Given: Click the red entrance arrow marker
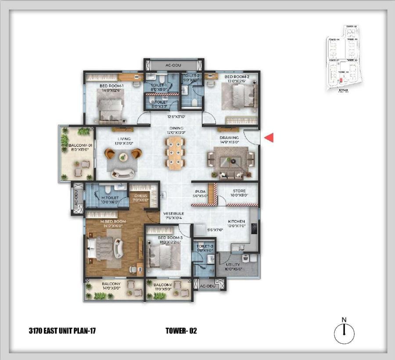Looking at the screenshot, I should click(x=269, y=138).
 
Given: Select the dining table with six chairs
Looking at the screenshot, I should click(x=175, y=152).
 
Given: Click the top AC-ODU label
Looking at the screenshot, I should click(x=173, y=65).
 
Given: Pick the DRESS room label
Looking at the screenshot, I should click(x=141, y=198).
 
